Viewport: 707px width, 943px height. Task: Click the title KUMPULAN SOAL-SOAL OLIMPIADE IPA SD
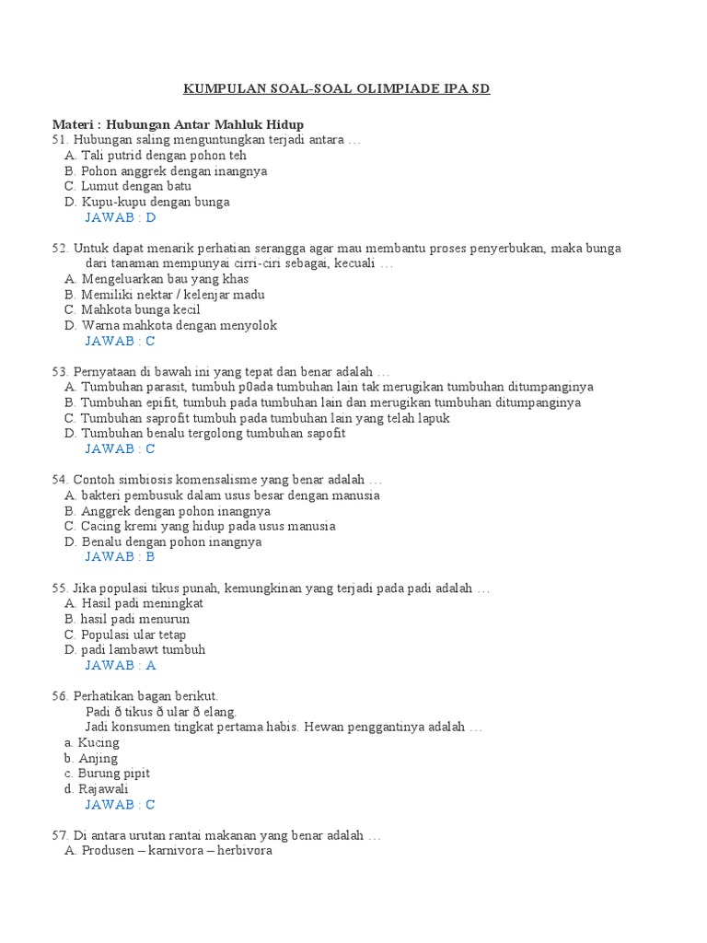pyautogui.click(x=337, y=88)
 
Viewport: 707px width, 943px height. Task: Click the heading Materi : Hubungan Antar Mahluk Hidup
pyautogui.click(x=178, y=124)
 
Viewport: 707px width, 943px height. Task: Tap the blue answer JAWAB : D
pyautogui.click(x=121, y=217)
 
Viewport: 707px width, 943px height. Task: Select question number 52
pyautogui.click(x=61, y=249)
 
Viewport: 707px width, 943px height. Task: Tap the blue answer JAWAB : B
pyautogui.click(x=121, y=557)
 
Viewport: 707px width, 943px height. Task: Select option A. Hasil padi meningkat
pyautogui.click(x=134, y=603)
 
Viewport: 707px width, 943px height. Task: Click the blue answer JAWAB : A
pyautogui.click(x=121, y=665)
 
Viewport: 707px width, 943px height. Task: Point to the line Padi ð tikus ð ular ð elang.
pyautogui.click(x=161, y=712)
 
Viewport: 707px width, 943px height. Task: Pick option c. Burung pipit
pyautogui.click(x=108, y=774)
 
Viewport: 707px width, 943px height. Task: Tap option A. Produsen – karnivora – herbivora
pyautogui.click(x=168, y=852)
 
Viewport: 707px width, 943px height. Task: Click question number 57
pyautogui.click(x=61, y=835)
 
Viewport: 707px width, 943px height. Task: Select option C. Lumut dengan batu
pyautogui.click(x=128, y=186)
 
